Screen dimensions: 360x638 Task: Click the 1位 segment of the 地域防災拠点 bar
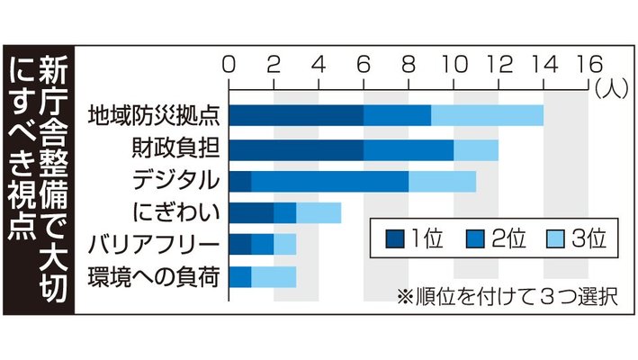tap(296, 116)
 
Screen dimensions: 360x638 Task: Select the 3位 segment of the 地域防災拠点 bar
tap(487, 116)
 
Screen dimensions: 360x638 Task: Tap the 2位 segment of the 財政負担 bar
tap(409, 148)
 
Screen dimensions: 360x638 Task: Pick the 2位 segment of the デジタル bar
tap(329, 181)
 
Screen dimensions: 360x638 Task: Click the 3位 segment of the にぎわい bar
tap(318, 212)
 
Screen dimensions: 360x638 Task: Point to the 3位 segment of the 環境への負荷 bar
tap(273, 276)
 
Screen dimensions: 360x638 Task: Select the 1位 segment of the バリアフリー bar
tap(239, 244)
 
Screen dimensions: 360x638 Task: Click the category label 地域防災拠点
tap(152, 116)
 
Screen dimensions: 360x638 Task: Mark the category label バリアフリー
tap(152, 244)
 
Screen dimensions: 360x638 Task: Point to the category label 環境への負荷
tap(152, 276)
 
